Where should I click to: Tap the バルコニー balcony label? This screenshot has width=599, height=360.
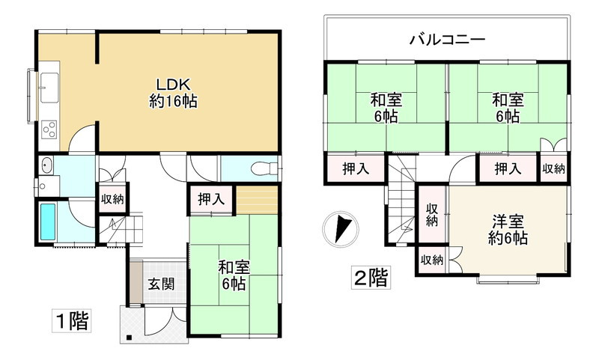click(448, 39)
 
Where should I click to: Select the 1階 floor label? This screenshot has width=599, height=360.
click(70, 323)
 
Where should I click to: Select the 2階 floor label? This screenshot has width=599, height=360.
click(371, 278)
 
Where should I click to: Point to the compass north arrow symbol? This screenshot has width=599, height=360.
click(341, 227)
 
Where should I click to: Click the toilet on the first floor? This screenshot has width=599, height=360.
click(258, 167)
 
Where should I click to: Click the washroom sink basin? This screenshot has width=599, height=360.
click(46, 166)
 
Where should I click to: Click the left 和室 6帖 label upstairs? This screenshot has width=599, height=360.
click(385, 108)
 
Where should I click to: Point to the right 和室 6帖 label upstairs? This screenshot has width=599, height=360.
click(508, 108)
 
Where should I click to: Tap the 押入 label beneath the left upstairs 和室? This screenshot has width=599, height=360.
click(356, 169)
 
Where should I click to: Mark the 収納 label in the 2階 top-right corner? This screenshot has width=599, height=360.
click(554, 169)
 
